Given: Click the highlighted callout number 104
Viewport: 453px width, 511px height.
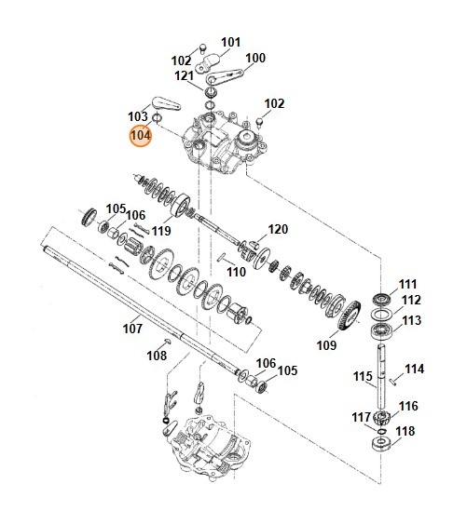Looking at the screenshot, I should [140, 135].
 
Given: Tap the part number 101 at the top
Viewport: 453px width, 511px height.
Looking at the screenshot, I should [230, 42].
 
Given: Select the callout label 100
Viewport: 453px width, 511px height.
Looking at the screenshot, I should [254, 58].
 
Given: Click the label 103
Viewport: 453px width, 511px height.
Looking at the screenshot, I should [138, 116].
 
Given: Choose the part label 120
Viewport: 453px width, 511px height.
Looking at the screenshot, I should [279, 229].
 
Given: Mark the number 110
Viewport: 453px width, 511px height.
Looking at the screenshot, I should [236, 272].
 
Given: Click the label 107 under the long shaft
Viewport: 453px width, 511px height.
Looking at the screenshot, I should [133, 328].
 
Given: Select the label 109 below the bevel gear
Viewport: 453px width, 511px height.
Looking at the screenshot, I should [326, 345].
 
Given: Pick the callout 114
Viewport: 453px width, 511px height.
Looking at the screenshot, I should [414, 369].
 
